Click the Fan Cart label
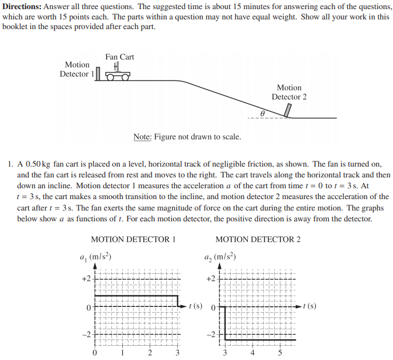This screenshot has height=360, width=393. click(x=119, y=56)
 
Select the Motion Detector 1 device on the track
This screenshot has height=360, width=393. click(x=98, y=74)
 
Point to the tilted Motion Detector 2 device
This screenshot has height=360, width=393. click(x=288, y=110)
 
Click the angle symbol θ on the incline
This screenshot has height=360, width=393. click(x=262, y=114)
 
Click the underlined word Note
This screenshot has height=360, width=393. click(x=142, y=137)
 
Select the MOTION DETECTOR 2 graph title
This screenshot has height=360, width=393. click(x=258, y=239)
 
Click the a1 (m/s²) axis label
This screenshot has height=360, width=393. click(x=95, y=257)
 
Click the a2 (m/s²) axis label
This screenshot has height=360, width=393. click(x=220, y=257)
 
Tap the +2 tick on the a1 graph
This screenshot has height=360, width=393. click(x=86, y=279)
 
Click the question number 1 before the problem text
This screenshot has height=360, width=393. click(x=11, y=164)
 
